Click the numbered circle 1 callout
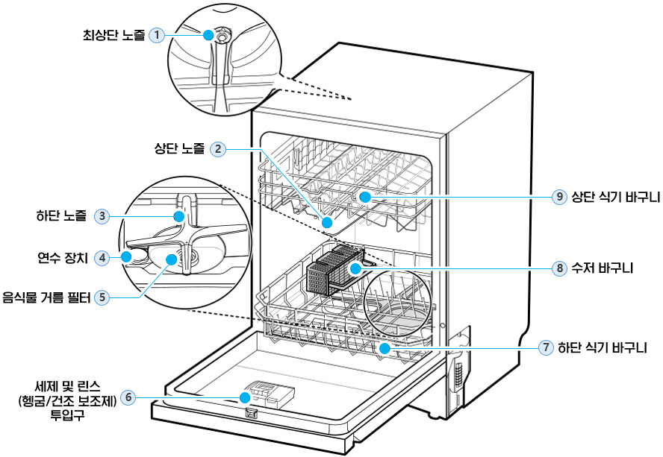(x=157, y=34)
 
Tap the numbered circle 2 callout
(x=217, y=148)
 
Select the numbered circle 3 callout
(x=103, y=216)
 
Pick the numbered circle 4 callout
(x=103, y=258)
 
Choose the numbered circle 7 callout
(x=547, y=347)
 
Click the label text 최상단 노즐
(x=113, y=34)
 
